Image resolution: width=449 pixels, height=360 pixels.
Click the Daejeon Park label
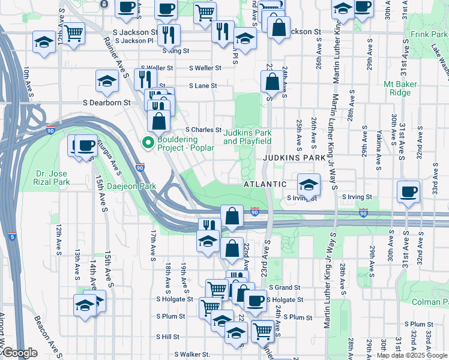pos(131,186)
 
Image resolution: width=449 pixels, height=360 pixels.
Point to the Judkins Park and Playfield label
pos(247,137)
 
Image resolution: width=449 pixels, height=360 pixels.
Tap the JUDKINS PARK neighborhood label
pos(294,157)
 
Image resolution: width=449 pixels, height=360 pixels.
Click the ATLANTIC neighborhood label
pos(264,184)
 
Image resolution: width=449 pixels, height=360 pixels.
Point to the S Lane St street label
pos(202,86)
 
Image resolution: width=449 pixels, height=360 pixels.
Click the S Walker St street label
pos(193,355)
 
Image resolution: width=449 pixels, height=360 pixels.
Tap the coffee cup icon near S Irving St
pos(408,191)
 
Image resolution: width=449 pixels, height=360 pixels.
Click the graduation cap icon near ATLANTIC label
pos(309,184)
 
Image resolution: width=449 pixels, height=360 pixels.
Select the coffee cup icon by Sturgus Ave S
pos(86,145)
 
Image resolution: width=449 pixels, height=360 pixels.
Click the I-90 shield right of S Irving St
pos(363,213)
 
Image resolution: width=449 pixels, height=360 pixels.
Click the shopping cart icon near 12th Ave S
pos(73,33)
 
